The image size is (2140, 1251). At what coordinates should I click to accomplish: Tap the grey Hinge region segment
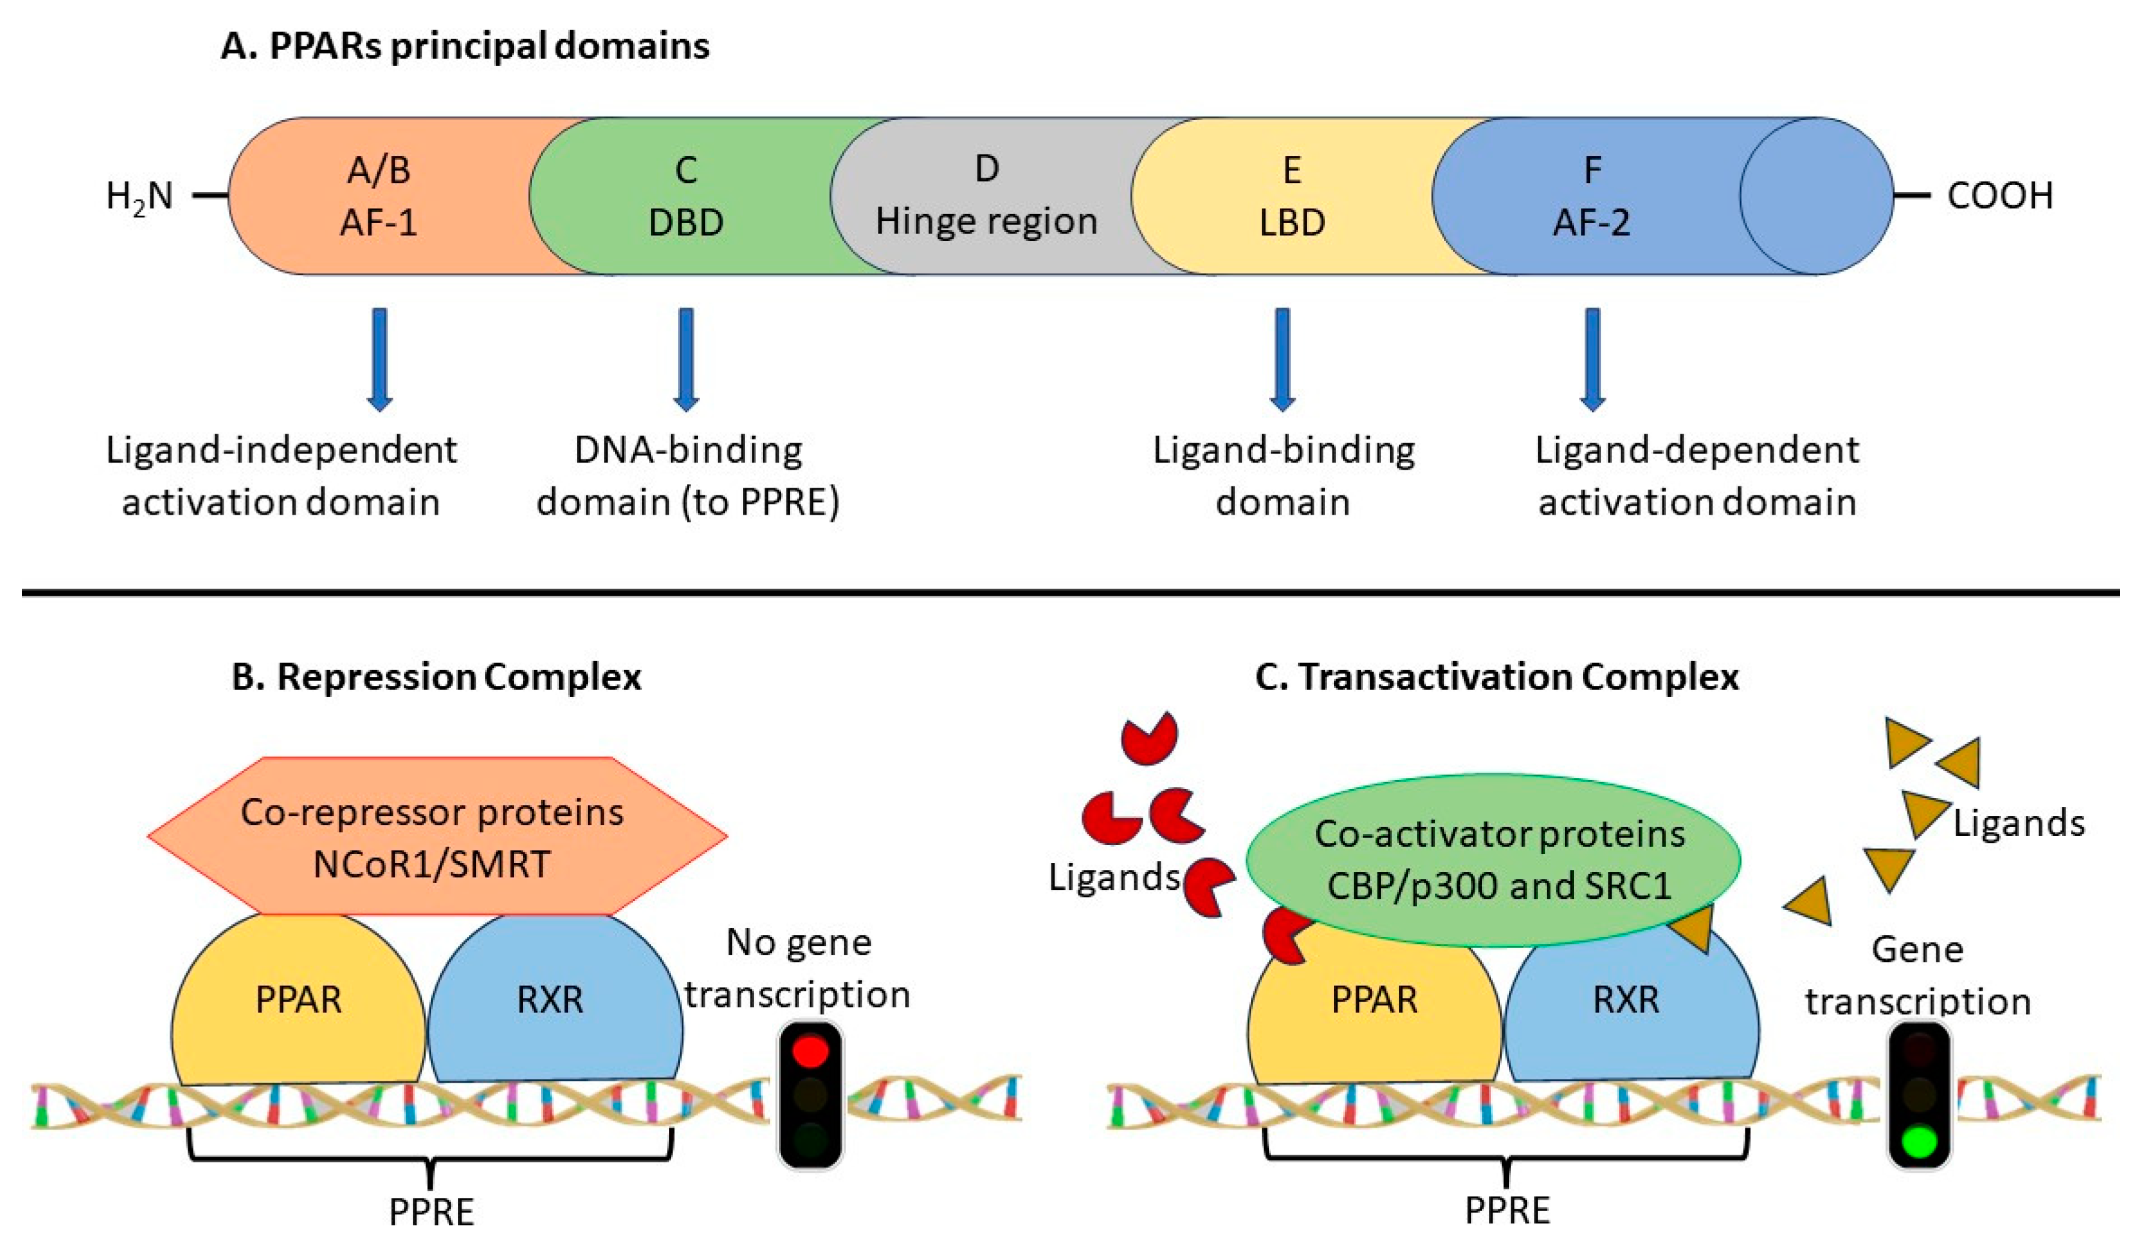pyautogui.click(x=986, y=196)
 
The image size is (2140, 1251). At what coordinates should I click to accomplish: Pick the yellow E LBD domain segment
pyautogui.click(x=1291, y=196)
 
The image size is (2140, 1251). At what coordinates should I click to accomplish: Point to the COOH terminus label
pyautogui.click(x=1999, y=196)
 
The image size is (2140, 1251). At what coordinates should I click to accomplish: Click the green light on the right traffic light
pyautogui.click(x=1918, y=1140)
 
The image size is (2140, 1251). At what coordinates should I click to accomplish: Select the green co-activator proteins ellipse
pyautogui.click(x=1495, y=860)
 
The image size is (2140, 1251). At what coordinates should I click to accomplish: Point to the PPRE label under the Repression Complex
pyautogui.click(x=431, y=1212)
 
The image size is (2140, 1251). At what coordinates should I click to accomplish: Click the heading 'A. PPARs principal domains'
pyautogui.click(x=465, y=46)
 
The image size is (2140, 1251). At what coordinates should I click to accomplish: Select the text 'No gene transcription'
pyautogui.click(x=798, y=968)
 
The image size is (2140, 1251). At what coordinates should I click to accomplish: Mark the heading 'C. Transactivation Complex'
pyautogui.click(x=1496, y=677)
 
